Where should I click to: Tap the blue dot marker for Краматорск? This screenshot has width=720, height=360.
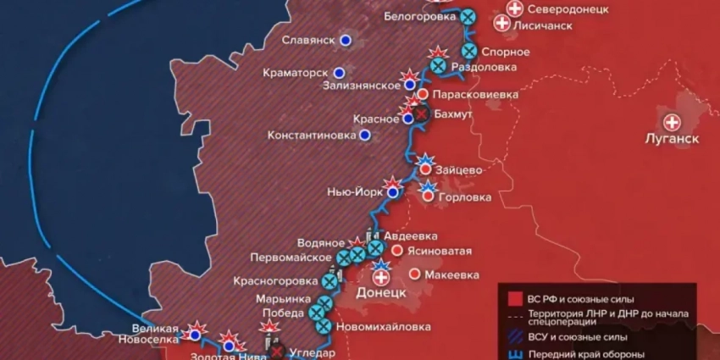340,73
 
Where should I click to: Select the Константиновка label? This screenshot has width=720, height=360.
311,135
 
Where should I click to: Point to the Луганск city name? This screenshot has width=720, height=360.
673,139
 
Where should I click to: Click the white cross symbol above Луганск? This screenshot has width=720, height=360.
673,122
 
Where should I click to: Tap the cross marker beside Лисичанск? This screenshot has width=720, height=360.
502,25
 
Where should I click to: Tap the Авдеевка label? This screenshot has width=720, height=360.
413,235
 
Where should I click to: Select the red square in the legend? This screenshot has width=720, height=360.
513,298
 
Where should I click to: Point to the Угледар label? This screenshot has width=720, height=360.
313,352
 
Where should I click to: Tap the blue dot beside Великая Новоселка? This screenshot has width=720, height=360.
196,335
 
